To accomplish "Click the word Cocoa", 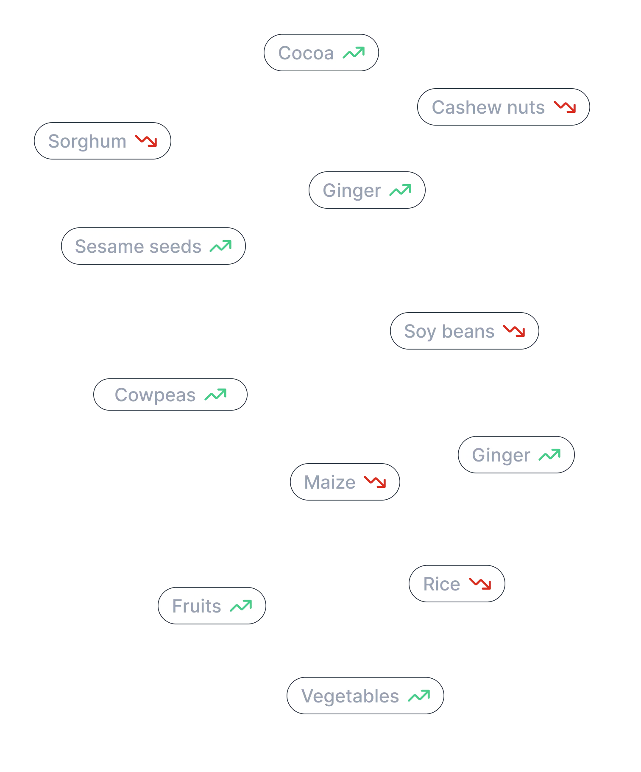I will pos(306,53).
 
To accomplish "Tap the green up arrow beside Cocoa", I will pos(354,53).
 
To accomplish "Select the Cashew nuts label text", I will pos(488,107).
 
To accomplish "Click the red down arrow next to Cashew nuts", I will pos(565,107).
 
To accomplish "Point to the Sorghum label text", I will pos(86,142).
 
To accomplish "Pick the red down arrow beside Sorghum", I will pos(146,141).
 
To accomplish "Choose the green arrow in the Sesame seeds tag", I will pos(221,246).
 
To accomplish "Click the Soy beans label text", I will pos(449,331).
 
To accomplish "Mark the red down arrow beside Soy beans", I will pos(514,330).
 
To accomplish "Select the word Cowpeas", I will pos(155,395).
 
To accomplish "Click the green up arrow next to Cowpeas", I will pos(216,395).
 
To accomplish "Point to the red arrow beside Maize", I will pos(375,482).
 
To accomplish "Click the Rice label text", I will pos(442,585).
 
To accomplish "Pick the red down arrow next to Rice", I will pos(480,584).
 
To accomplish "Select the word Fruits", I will pos(197,606).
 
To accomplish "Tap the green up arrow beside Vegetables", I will pos(419,696).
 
